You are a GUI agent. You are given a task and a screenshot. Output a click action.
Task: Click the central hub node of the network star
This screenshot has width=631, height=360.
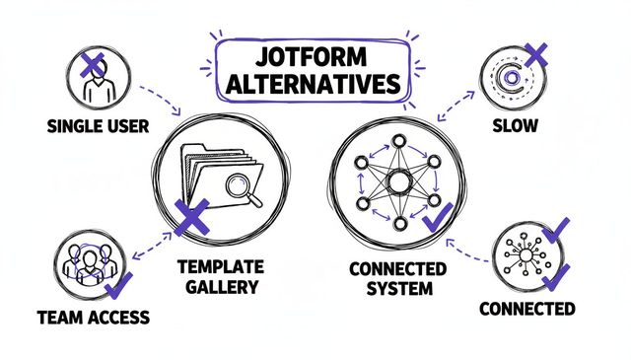click(x=398, y=181)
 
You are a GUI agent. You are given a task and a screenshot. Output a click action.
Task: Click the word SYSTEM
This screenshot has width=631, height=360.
click(x=399, y=288)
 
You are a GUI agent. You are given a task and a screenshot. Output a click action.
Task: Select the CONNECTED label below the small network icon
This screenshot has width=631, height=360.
click(x=526, y=309)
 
